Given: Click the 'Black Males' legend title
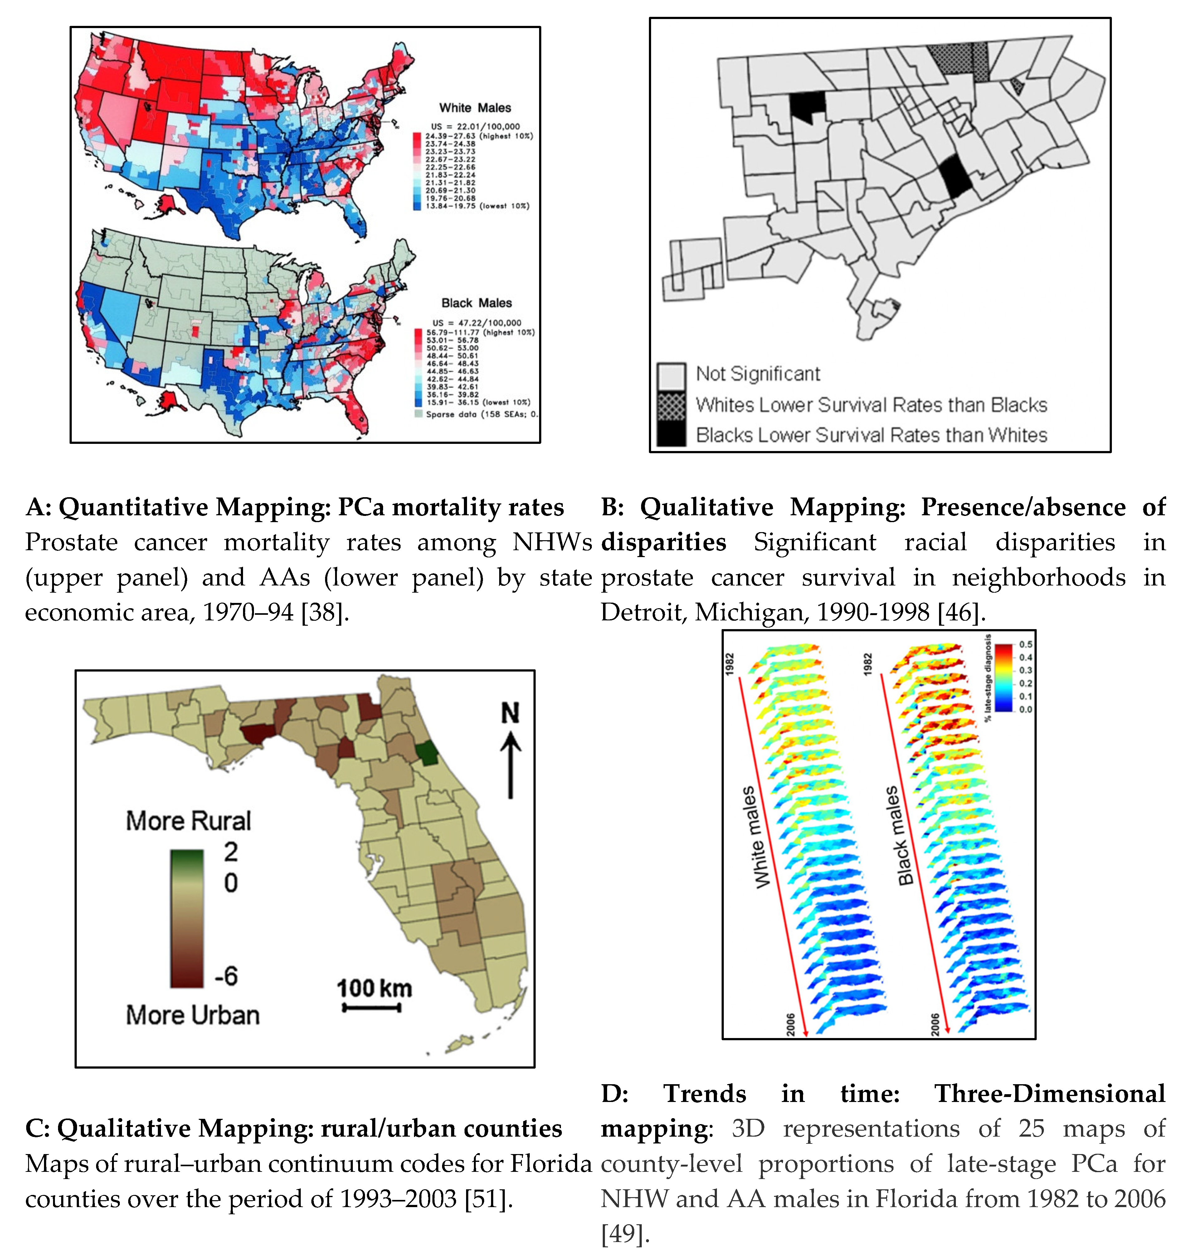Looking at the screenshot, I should (476, 303).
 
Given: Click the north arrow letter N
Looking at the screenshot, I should (510, 714).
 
